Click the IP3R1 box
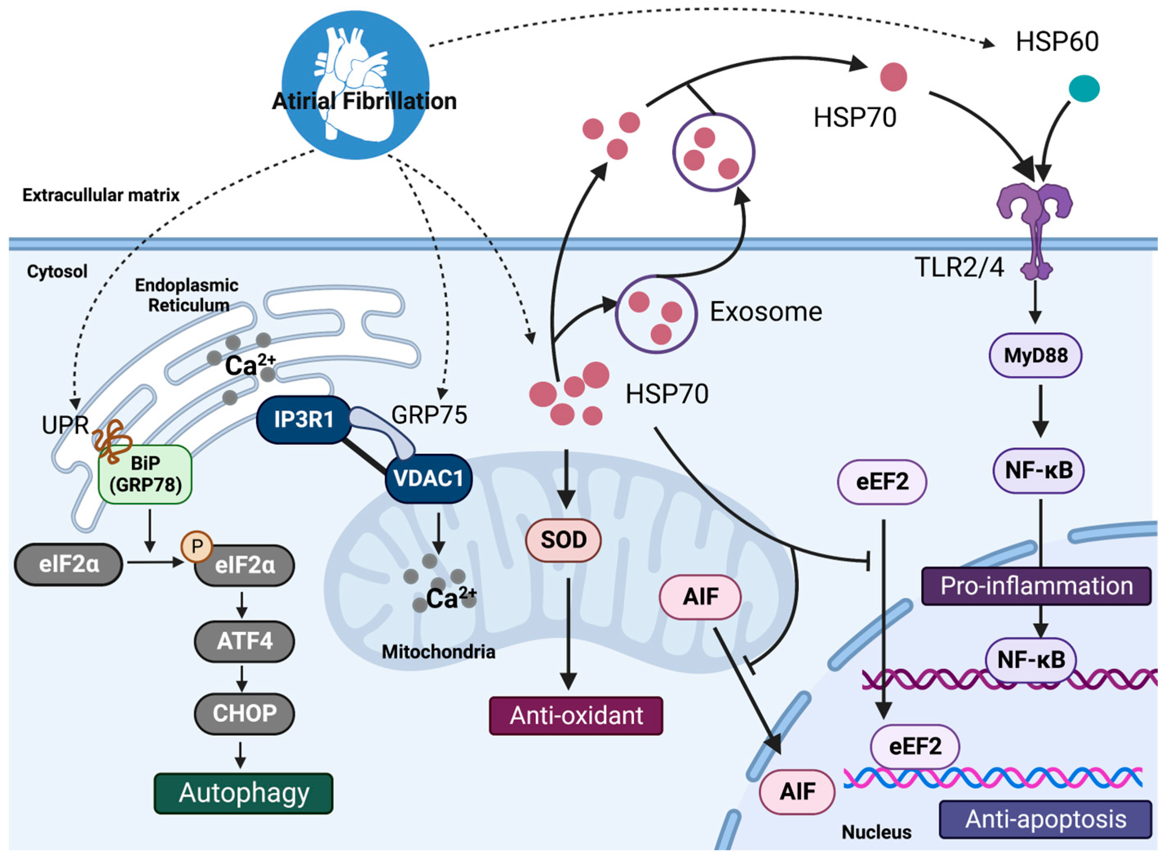tap(304, 419)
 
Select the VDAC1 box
tap(428, 478)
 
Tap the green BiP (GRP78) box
tap(145, 474)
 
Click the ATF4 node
tap(244, 641)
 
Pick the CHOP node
tap(244, 713)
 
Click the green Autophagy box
tap(244, 793)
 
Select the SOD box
tap(564, 540)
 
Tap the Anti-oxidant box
tap(576, 715)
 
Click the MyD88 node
tap(1035, 355)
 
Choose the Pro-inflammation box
tap(1037, 586)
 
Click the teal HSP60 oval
tap(1084, 88)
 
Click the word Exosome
tap(766, 312)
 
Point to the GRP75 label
tap(429, 415)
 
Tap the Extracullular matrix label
tap(101, 195)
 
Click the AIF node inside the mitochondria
tap(700, 597)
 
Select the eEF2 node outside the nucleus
tap(882, 482)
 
